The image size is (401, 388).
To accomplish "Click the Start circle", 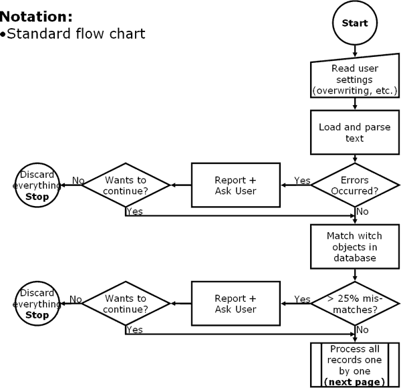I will point(354,23).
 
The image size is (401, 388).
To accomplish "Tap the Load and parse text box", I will point(354,132).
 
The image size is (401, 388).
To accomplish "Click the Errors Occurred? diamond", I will point(354,185).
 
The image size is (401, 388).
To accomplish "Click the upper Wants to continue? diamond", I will point(125,185).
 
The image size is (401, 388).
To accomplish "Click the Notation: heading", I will point(36,15).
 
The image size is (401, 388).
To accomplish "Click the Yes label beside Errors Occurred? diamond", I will point(302,180).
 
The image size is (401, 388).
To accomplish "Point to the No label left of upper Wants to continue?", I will point(77,180).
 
